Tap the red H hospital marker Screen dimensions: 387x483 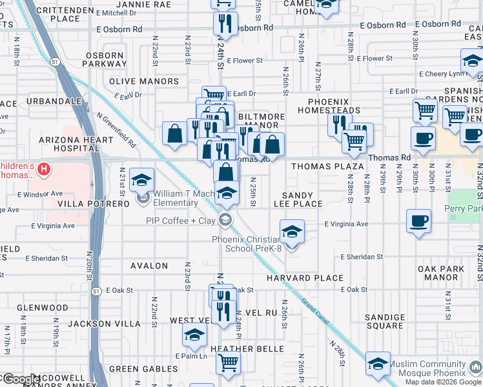pyautogui.click(x=43, y=170)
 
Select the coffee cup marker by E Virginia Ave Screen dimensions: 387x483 pyautogui.click(x=419, y=221)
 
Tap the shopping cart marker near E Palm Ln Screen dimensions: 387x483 pyautogui.click(x=228, y=362)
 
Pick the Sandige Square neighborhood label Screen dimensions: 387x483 pyautogui.click(x=384, y=321)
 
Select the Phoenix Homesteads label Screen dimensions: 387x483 pyautogui.click(x=328, y=106)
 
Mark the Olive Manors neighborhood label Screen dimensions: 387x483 pyautogui.click(x=144, y=81)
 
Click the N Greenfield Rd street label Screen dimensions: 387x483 pyautogui.click(x=116, y=130)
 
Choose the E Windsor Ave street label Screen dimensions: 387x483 pyautogui.click(x=40, y=193)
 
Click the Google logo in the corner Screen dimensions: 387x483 pyautogui.click(x=21, y=379)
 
